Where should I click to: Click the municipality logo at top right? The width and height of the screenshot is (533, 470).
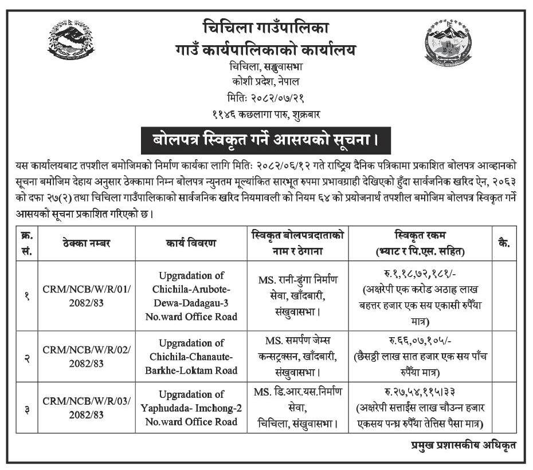coord(448,42)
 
